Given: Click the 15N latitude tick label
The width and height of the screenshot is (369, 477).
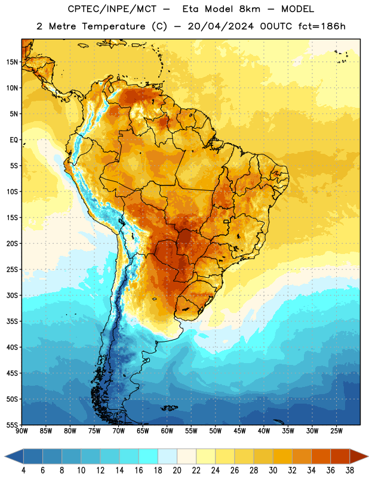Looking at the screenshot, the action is click(12, 62).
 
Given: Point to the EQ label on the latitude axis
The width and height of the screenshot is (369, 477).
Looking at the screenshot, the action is click(14, 140).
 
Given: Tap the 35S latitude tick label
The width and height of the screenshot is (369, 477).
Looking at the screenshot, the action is click(12, 321).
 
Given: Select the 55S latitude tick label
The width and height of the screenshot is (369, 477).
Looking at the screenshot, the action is click(12, 425).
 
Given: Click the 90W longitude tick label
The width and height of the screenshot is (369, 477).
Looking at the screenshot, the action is click(21, 431).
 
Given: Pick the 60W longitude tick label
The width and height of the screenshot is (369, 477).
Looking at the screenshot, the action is click(167, 431).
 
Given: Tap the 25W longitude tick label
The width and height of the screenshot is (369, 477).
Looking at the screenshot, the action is click(336, 431).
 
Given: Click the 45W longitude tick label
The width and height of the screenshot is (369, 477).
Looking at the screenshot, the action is click(239, 431).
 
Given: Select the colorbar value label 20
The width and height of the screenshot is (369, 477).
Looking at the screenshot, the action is click(177, 470).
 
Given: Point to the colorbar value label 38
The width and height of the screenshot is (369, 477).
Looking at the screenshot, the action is click(350, 470).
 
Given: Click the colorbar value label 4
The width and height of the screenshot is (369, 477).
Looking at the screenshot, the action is click(23, 470).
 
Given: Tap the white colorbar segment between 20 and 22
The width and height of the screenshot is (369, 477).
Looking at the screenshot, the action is click(186, 456).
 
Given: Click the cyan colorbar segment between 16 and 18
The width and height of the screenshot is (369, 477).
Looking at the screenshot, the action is click(148, 456).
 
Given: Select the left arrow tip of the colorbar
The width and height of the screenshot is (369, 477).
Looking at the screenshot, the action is click(5, 456).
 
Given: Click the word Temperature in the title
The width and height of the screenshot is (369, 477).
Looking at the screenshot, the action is click(113, 26).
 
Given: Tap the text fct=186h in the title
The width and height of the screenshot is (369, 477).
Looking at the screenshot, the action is click(322, 26).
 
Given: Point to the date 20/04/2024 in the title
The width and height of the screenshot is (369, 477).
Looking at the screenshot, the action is click(220, 26).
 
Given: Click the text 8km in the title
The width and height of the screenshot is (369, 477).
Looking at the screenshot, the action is click(250, 9).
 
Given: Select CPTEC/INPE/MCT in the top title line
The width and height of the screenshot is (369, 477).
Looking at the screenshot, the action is click(112, 9).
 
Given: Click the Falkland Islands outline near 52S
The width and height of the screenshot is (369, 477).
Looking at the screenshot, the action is click(169, 408).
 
